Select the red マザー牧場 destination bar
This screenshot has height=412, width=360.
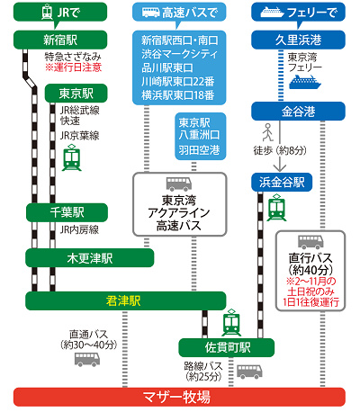point(180,397)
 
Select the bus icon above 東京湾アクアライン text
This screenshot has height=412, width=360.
point(178,183)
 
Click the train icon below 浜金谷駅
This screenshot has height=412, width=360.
point(275,209)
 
